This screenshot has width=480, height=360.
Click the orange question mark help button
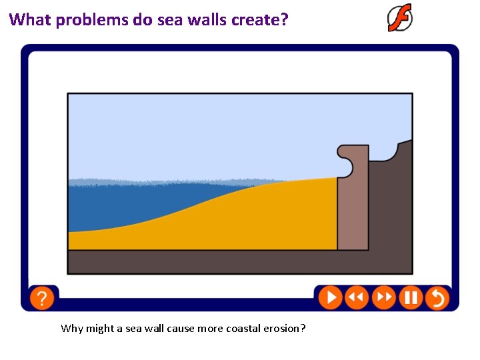pyautogui.click(x=41, y=297)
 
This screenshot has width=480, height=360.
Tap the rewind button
pyautogui.click(x=357, y=297)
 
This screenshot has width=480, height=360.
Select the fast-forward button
pyautogui.click(x=383, y=297)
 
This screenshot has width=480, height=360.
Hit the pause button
pyautogui.click(x=411, y=297)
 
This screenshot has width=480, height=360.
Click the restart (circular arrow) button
pyautogui.click(x=437, y=297)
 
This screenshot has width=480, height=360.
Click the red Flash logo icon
pyautogui.click(x=400, y=18)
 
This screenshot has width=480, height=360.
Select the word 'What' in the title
pyautogui.click(x=31, y=19)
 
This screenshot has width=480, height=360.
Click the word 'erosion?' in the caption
pyautogui.click(x=283, y=328)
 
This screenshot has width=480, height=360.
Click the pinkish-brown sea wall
pyautogui.click(x=353, y=213)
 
